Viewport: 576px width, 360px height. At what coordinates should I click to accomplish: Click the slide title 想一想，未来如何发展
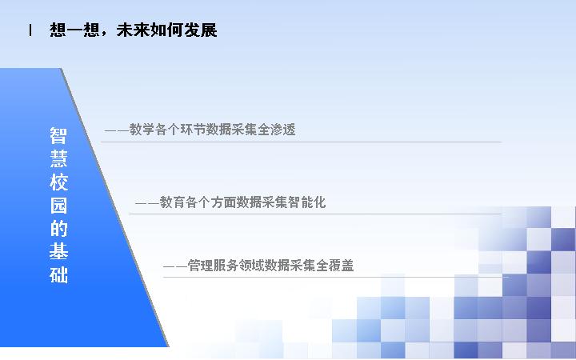click(134, 30)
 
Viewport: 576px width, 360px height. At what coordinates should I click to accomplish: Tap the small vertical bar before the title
click(30, 30)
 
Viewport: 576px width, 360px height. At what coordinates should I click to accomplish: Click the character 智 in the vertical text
click(58, 135)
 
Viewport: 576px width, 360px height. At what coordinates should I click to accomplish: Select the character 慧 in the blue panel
click(58, 158)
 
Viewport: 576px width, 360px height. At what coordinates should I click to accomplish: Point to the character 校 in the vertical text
click(58, 182)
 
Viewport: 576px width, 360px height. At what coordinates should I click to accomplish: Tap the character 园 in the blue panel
click(58, 205)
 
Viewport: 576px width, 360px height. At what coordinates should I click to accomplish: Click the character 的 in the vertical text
click(58, 228)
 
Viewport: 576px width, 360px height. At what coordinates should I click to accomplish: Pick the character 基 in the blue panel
click(58, 251)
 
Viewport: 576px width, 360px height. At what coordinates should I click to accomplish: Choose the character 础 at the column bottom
click(58, 274)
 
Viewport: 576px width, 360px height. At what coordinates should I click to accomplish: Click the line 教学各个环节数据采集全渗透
click(212, 130)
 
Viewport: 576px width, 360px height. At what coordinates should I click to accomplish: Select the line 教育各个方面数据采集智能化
click(243, 202)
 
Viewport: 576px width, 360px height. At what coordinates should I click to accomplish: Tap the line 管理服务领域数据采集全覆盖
click(270, 266)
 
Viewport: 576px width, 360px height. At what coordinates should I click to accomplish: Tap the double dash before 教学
click(117, 130)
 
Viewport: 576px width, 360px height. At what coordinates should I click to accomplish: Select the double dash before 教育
click(147, 202)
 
